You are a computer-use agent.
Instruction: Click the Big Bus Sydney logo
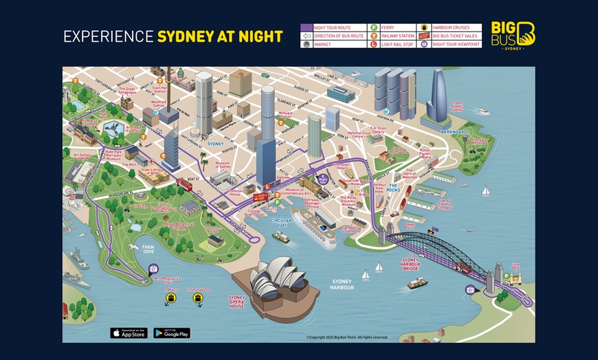513,34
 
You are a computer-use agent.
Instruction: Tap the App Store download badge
129,333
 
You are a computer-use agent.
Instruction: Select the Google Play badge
172,333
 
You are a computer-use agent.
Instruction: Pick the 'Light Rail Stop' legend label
398,44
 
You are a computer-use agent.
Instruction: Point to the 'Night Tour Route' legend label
333,27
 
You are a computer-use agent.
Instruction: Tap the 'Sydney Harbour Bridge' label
411,264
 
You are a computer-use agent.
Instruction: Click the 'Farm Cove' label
149,249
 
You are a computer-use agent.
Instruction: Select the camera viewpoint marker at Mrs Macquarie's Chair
153,269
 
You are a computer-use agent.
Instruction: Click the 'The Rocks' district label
394,188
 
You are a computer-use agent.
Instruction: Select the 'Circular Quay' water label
281,222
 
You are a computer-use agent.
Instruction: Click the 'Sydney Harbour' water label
342,284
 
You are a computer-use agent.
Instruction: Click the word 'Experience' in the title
109,36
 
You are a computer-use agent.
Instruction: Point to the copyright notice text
347,337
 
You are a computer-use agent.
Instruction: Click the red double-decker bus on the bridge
467,270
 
